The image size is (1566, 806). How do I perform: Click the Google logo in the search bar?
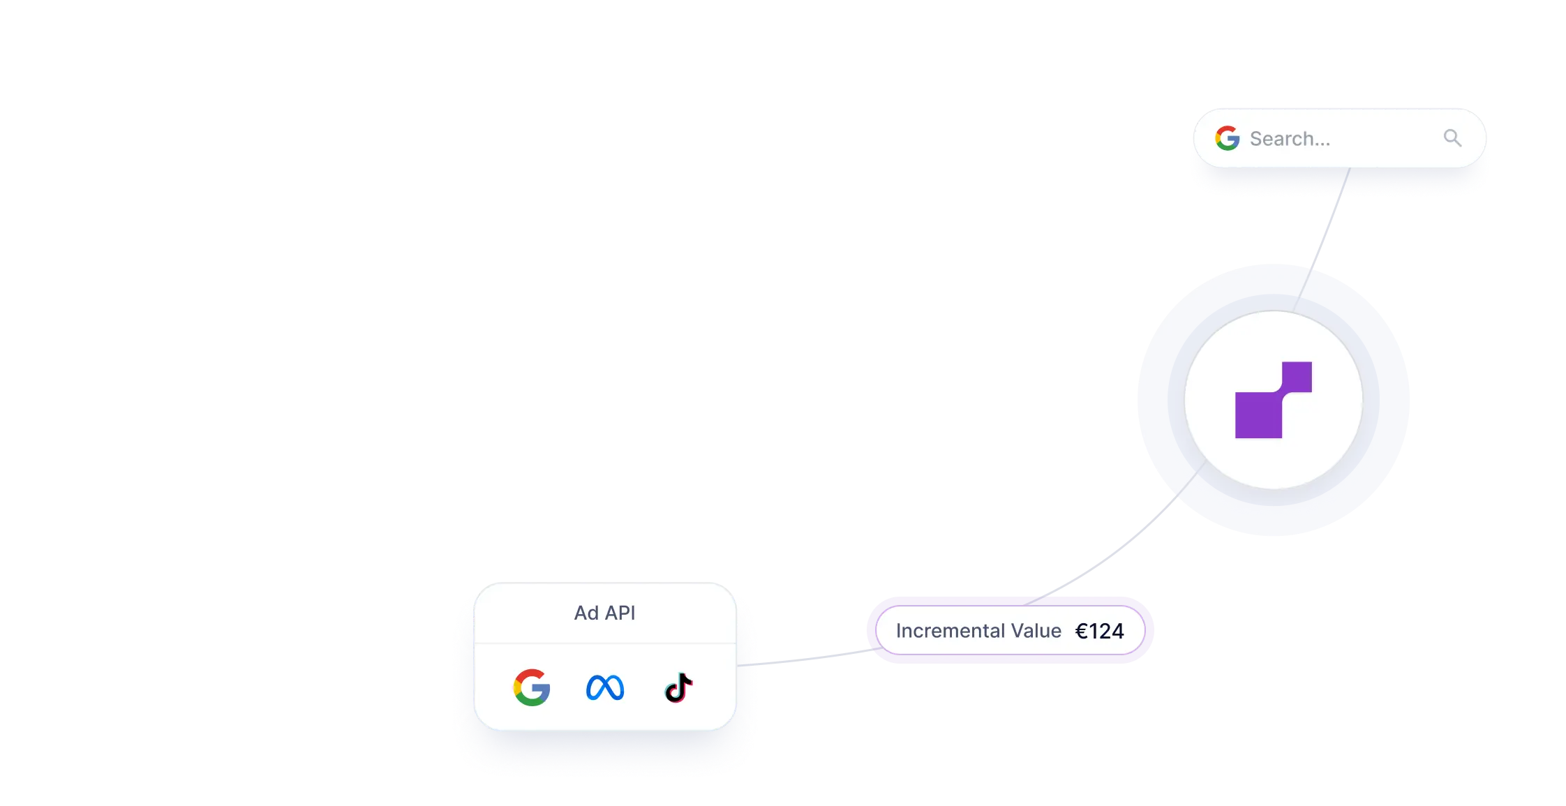pyautogui.click(x=1227, y=138)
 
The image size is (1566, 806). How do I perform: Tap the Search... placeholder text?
pyautogui.click(x=1290, y=139)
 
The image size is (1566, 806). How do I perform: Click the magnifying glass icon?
pyautogui.click(x=1452, y=138)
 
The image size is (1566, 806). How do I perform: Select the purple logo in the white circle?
pyautogui.click(x=1274, y=400)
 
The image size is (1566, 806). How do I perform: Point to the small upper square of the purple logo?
pyautogui.click(x=1297, y=377)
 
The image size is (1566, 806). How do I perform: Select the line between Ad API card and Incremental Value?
pyautogui.click(x=813, y=657)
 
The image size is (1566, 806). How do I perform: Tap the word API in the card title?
pyautogui.click(x=620, y=613)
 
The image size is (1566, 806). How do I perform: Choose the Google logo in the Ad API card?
pyautogui.click(x=532, y=687)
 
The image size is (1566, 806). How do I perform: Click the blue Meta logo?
pyautogui.click(x=605, y=688)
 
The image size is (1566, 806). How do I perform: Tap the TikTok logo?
pyautogui.click(x=678, y=687)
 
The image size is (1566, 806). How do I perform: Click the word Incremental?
pyautogui.click(x=949, y=631)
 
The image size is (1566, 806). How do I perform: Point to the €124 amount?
pyautogui.click(x=1100, y=631)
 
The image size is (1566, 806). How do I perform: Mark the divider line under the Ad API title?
pyautogui.click(x=605, y=643)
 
